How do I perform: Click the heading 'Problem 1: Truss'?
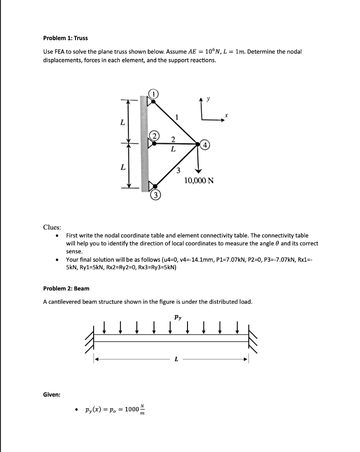point(62,38)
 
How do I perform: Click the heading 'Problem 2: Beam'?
point(66,288)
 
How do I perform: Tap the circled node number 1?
point(153,94)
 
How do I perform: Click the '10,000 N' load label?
point(199,180)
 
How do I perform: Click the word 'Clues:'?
point(52,227)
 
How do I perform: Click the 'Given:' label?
point(52,394)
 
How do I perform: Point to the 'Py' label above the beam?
point(177,316)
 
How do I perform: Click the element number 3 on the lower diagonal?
point(179,171)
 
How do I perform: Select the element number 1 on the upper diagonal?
point(177,117)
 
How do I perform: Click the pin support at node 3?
point(151,186)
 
